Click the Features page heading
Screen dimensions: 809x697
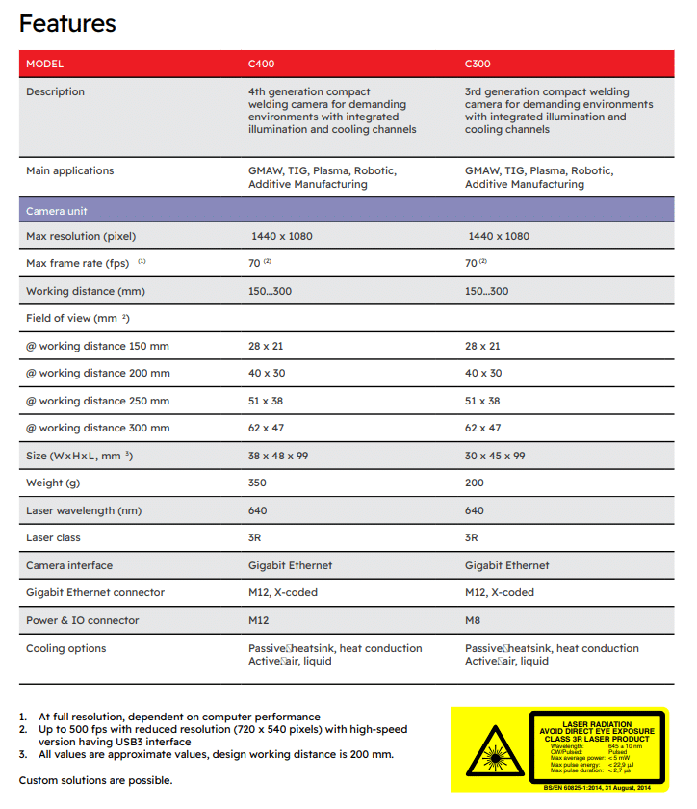(x=67, y=23)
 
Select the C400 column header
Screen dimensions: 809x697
(x=262, y=64)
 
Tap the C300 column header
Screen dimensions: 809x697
(x=478, y=64)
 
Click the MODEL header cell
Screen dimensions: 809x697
(x=44, y=64)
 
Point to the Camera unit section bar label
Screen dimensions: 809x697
(x=57, y=210)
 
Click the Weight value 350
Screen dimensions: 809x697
(x=258, y=483)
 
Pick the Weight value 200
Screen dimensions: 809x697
(x=475, y=483)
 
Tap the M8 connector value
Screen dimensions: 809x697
(x=473, y=620)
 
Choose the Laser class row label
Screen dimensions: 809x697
(x=54, y=537)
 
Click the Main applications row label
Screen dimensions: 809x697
(x=69, y=170)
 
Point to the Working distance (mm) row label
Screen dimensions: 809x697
(x=86, y=291)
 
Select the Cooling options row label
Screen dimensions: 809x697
(x=65, y=648)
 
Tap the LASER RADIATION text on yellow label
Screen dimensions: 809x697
(x=597, y=723)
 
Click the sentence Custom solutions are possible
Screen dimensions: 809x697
(x=96, y=780)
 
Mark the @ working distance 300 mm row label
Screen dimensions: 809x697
(x=97, y=428)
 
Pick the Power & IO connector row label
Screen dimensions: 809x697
(x=83, y=620)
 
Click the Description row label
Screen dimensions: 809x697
(x=55, y=91)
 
